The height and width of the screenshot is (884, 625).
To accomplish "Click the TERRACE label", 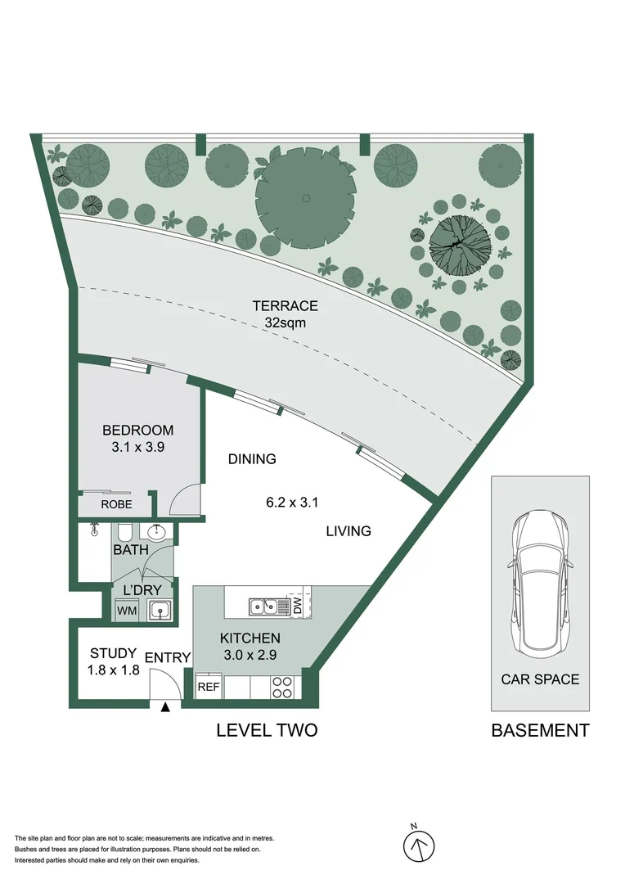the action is [286, 306].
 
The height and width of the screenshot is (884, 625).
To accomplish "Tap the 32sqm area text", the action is [286, 323].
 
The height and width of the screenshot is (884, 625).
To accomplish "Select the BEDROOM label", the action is [137, 431].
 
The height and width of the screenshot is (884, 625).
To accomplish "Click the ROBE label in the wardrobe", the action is [116, 504].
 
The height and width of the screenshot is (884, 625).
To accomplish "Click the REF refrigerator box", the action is [209, 688].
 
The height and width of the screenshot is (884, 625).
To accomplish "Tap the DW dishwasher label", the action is [298, 607].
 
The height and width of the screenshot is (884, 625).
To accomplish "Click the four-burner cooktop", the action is [282, 688].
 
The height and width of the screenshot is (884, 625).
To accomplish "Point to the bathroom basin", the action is [155, 532].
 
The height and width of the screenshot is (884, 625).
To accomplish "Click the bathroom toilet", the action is [124, 531].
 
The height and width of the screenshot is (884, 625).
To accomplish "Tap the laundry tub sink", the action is [159, 611].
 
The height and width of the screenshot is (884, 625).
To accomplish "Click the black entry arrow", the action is [165, 707].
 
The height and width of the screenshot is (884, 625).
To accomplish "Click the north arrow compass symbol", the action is [419, 846].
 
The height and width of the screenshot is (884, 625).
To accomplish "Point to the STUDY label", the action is [113, 653].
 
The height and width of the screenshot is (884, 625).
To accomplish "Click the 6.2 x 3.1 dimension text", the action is [292, 502].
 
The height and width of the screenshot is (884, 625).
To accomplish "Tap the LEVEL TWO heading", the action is [268, 731].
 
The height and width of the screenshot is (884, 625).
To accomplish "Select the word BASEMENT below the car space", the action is [540, 731].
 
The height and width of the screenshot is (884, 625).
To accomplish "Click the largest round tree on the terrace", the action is [305, 198].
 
